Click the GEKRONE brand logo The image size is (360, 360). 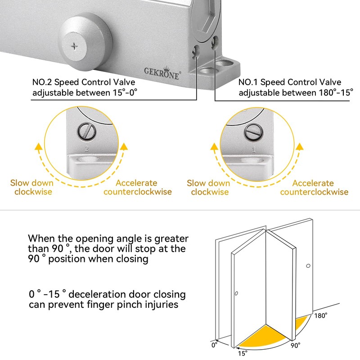(x=162, y=72)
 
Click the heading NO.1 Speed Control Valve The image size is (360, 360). (x=290, y=82)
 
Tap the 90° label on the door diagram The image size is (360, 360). (x=296, y=346)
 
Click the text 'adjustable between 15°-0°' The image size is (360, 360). (x=84, y=93)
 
